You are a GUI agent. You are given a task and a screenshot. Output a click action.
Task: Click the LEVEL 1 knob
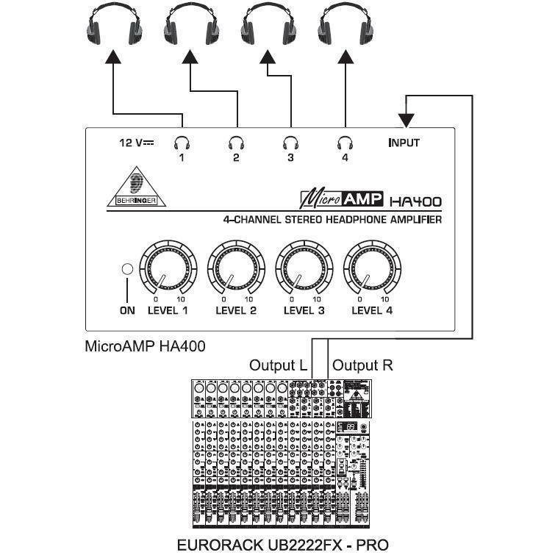(165, 268)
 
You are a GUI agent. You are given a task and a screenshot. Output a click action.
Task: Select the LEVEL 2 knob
(233, 268)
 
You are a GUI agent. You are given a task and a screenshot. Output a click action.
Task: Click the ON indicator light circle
(127, 270)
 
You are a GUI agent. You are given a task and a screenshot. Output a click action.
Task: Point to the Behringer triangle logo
(136, 190)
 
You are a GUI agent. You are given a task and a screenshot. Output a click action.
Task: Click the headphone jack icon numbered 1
(182, 143)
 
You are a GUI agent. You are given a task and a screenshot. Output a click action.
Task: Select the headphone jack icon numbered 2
(236, 143)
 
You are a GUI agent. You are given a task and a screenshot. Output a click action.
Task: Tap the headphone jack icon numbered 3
(290, 143)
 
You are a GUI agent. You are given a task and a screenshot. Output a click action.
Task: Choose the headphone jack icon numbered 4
(344, 143)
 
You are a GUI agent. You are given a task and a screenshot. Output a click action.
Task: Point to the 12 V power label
(136, 143)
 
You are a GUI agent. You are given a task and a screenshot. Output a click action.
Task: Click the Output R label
(363, 365)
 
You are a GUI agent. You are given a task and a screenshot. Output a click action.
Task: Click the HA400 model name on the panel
(415, 199)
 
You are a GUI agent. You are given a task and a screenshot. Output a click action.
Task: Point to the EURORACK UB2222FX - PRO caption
(278, 545)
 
